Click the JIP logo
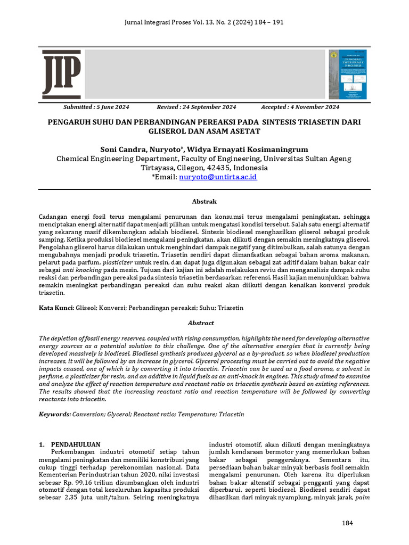point(61,75)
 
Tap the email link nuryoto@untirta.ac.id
point(218,177)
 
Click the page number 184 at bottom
point(347,523)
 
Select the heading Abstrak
point(204,202)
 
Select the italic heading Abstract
point(201,323)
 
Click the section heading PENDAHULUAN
point(75,444)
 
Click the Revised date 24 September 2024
point(197,106)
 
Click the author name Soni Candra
point(124,149)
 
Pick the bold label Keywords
point(54,414)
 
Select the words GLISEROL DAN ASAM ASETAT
point(204,131)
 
